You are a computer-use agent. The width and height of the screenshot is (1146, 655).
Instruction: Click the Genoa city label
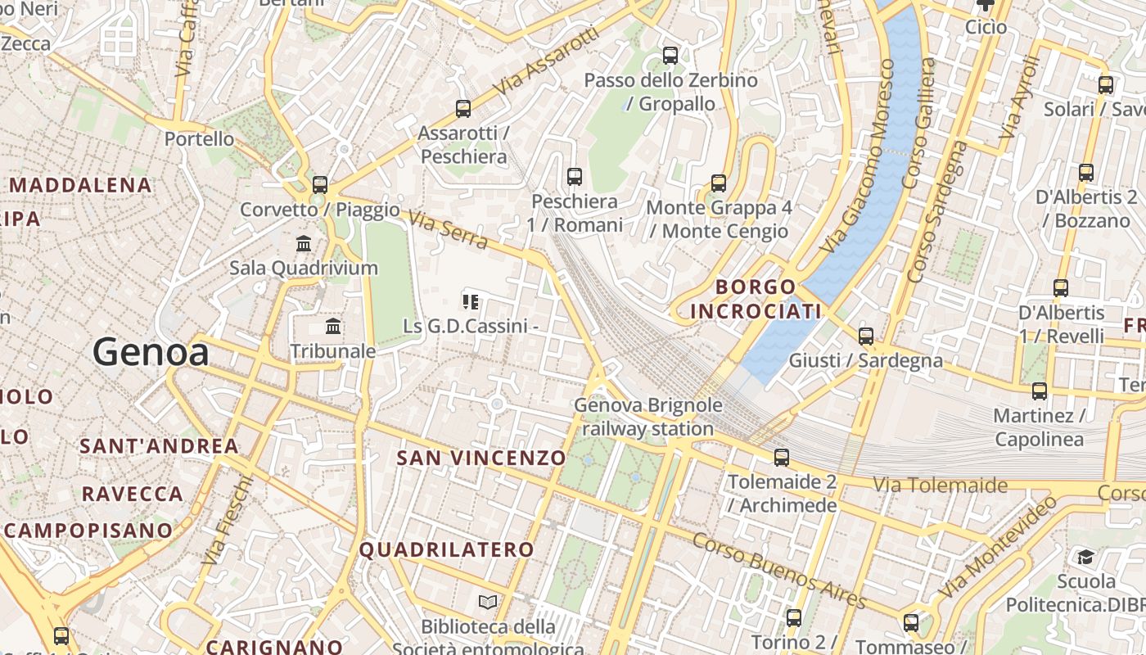point(151,353)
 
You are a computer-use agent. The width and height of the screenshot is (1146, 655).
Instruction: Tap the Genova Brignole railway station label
point(648,417)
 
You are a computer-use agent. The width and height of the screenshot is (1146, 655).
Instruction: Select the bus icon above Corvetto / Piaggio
point(320,185)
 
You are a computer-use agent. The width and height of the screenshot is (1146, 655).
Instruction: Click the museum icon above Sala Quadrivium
point(304,243)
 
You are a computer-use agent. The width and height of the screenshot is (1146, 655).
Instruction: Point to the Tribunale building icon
point(333,327)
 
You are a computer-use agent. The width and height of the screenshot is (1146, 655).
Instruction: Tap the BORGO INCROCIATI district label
point(756,299)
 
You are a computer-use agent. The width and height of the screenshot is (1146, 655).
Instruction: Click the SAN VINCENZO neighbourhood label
point(481,458)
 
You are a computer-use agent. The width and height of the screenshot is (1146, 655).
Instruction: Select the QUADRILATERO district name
point(447,549)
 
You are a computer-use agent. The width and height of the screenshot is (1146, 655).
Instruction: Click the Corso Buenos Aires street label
point(778,571)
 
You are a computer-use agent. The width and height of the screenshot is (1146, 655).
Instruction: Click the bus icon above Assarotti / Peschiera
point(463,108)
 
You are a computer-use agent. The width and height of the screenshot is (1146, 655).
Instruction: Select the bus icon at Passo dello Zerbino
point(670,56)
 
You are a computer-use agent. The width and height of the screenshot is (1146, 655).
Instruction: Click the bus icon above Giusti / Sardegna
point(866,336)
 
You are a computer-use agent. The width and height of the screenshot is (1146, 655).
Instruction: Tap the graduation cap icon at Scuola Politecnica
point(1085,558)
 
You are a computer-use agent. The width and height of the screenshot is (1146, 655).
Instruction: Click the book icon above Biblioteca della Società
point(488,603)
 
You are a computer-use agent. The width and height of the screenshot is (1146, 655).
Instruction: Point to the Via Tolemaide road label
point(940,485)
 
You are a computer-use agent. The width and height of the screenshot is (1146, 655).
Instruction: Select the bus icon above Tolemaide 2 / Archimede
point(782,458)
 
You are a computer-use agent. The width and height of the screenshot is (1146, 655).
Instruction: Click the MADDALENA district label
point(80,185)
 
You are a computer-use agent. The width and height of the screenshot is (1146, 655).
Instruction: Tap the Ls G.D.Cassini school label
point(470,326)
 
